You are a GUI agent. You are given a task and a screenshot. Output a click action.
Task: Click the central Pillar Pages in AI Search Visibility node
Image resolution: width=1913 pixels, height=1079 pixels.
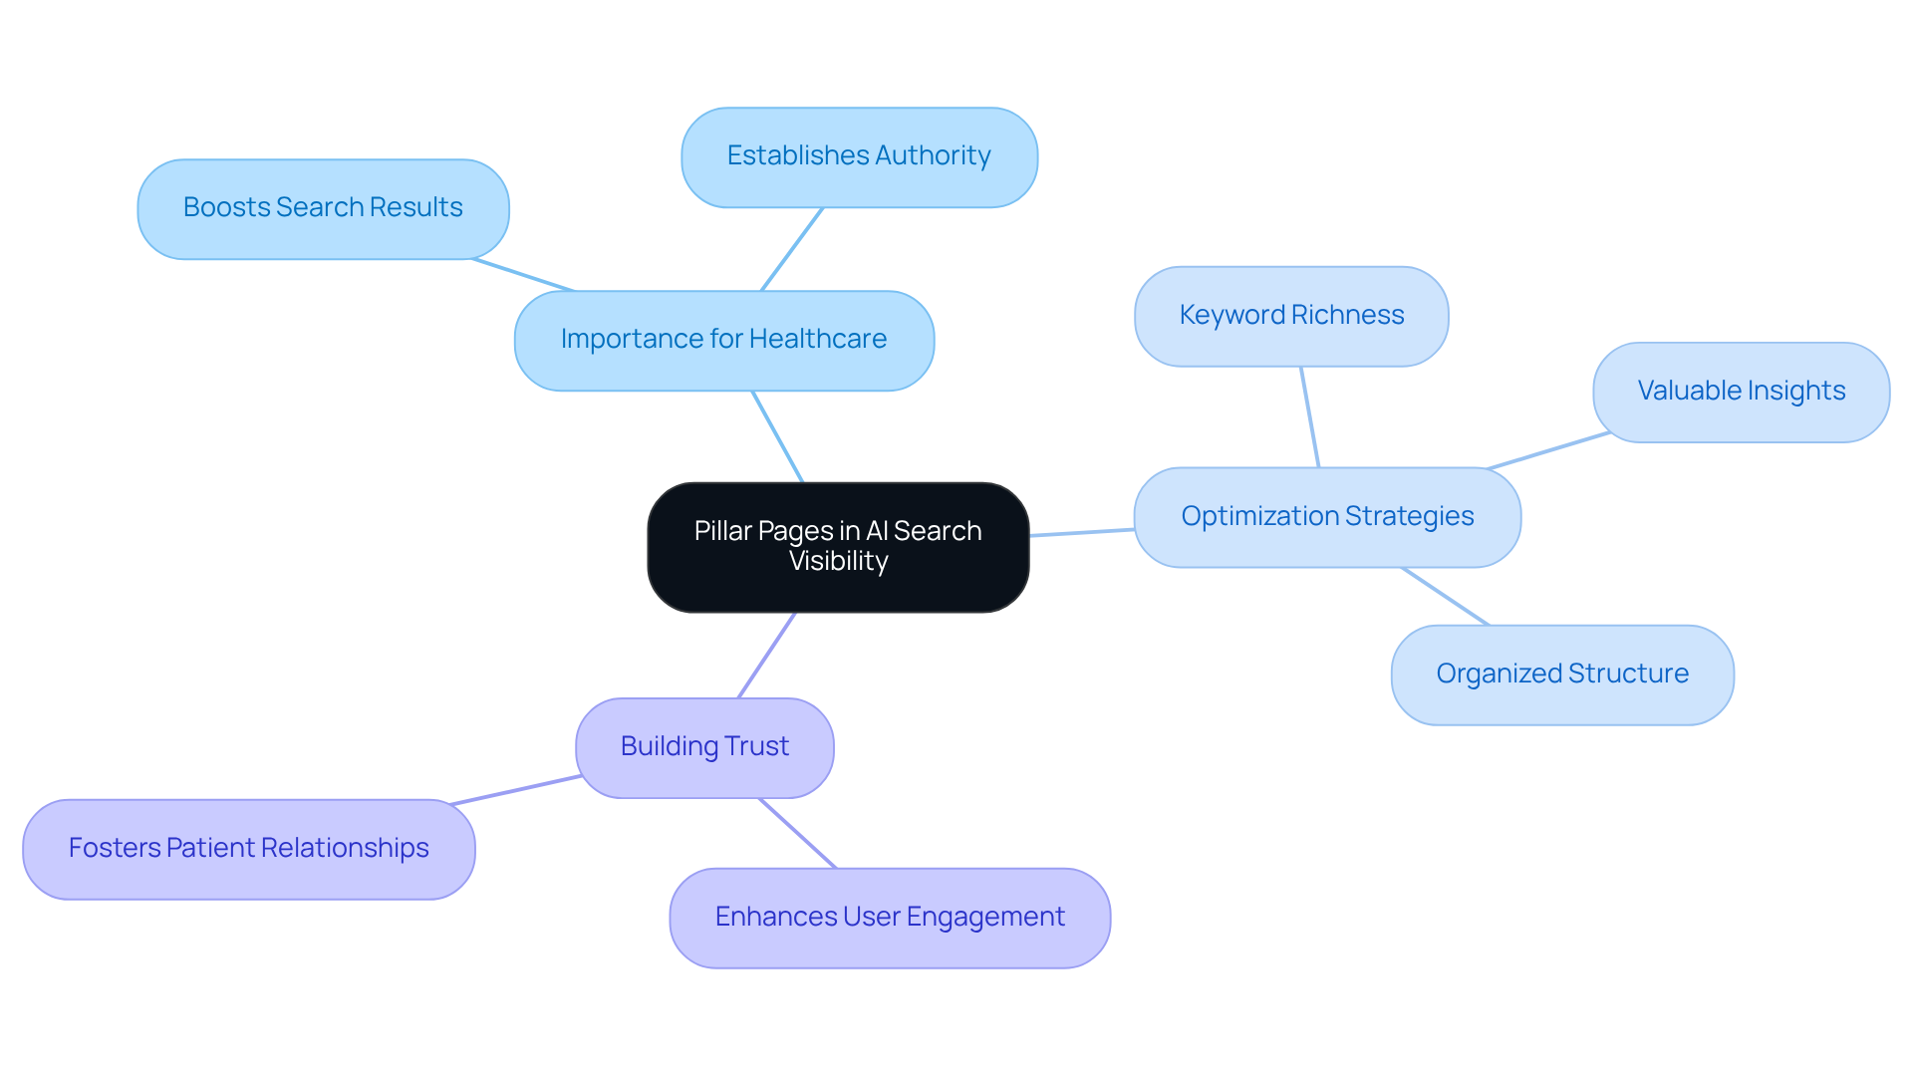click(838, 547)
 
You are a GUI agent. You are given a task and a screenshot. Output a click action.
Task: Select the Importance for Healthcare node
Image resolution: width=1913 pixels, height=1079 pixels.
click(724, 341)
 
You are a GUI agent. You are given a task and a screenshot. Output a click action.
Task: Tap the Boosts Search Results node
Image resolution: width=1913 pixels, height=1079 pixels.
click(323, 209)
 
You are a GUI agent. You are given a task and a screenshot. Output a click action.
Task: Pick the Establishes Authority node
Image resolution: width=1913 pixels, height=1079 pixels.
click(859, 157)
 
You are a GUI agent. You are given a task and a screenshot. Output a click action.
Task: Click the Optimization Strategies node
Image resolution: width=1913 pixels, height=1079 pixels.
click(1327, 517)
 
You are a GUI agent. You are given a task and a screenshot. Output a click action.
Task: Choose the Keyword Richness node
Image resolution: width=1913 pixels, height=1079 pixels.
click(1291, 316)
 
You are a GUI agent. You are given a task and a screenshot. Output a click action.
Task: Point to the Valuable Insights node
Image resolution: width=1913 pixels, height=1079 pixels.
click(1741, 392)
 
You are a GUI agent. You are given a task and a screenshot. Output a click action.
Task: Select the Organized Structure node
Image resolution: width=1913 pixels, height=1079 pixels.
click(1562, 674)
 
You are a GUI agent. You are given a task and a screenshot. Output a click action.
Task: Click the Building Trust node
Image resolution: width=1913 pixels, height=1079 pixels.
click(704, 747)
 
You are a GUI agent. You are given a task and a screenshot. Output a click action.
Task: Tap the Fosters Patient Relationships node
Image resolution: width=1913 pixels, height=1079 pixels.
click(248, 849)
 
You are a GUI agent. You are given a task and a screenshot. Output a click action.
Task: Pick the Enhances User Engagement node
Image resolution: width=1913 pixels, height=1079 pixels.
click(890, 918)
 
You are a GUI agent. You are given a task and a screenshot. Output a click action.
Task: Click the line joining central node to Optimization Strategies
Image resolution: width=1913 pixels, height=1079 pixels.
click(1082, 532)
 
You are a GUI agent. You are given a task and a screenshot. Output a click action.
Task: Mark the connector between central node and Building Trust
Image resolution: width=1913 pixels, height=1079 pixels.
click(766, 656)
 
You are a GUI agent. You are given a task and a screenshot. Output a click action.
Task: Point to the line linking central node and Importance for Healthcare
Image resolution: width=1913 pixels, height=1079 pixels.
click(778, 436)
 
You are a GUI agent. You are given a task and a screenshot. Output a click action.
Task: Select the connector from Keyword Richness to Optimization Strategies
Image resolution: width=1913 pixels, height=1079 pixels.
click(1310, 416)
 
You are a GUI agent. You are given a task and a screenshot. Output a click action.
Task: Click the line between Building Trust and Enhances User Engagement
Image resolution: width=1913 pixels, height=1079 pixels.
click(797, 833)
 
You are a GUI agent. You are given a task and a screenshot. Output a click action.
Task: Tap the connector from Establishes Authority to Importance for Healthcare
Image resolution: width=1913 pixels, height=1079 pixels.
click(792, 249)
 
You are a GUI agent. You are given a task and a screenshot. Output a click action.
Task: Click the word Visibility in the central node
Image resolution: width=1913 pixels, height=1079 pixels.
click(838, 562)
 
